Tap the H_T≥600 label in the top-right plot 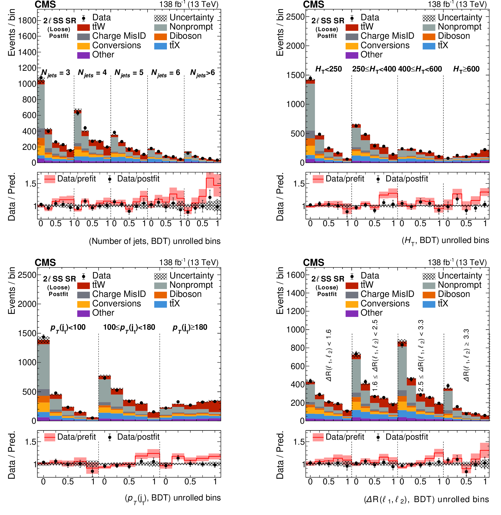(x=466, y=69)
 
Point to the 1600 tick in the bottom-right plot (x=296, y=275)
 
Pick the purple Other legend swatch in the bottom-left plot (x=83, y=313)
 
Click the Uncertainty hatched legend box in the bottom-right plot (x=429, y=276)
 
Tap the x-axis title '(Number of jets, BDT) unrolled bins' (x=154, y=241)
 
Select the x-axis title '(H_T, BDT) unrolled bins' (x=445, y=240)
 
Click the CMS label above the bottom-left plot (x=45, y=262)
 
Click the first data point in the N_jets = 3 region (x=41, y=78)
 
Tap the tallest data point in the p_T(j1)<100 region (x=43, y=337)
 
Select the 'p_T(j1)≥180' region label (x=190, y=328)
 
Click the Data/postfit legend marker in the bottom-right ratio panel (x=378, y=437)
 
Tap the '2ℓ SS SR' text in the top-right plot (x=328, y=21)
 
